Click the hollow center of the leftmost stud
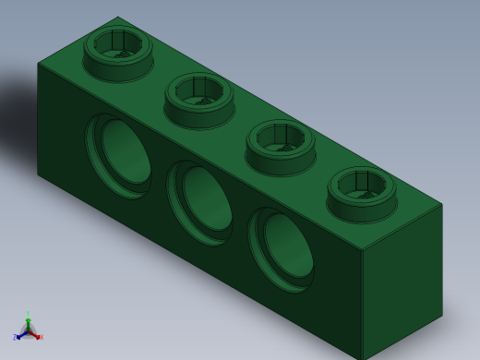(118, 42)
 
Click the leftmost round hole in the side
(120, 156)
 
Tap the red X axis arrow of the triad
(40, 337)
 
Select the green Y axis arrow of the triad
(28, 316)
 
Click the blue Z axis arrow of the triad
(17, 337)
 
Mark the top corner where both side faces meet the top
(361, 250)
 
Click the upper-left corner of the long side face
(38, 64)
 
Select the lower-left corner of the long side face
(38, 174)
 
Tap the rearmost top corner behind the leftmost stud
(117, 18)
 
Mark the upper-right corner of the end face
(442, 204)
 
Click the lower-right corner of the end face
(442, 314)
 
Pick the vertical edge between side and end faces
(361, 305)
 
